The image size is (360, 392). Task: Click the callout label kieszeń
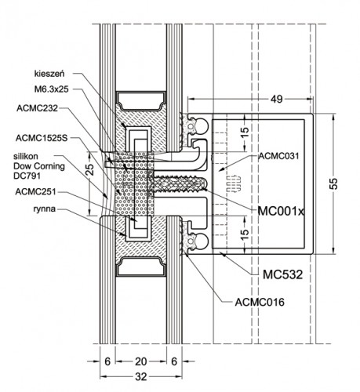pos(49,74)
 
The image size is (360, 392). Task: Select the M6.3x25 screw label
pos(52,89)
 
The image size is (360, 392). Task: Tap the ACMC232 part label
pos(37,108)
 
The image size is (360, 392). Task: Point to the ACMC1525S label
pos(42,138)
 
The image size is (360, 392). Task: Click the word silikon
pos(26,156)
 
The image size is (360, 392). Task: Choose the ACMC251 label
pos(35,191)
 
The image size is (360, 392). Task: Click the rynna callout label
pos(44,209)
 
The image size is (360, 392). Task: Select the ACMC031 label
pos(278,156)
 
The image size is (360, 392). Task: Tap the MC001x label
pos(281,211)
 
